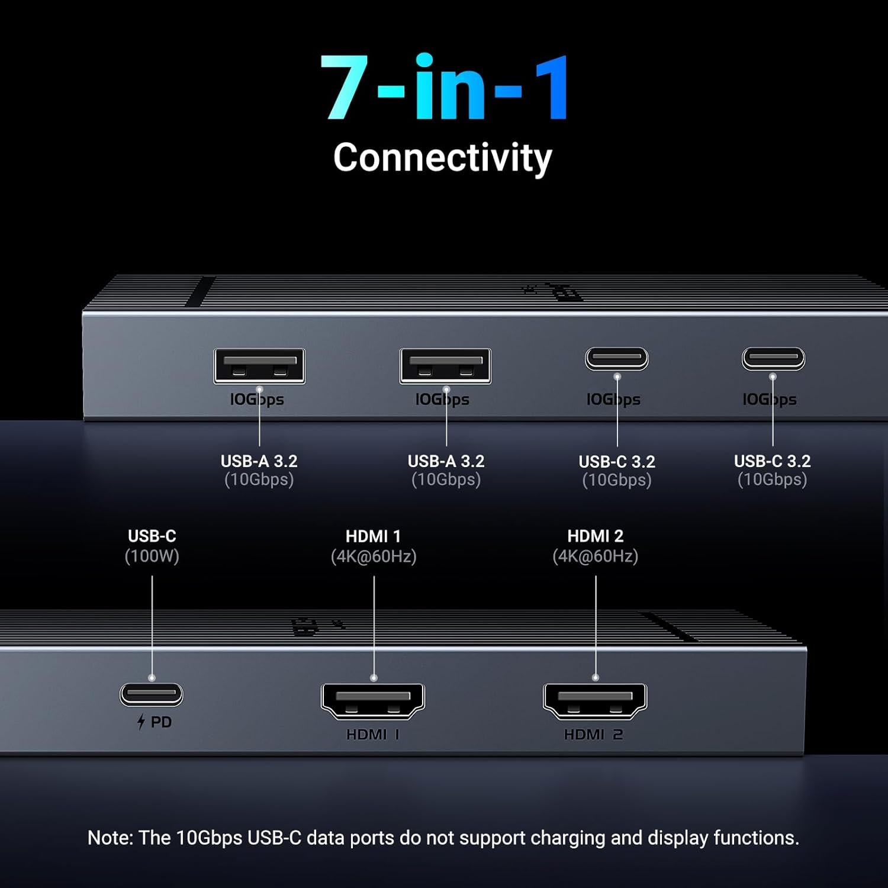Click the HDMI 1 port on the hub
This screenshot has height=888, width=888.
point(373,701)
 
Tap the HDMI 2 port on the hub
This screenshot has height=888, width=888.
point(595,701)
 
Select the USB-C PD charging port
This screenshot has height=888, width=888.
point(152,694)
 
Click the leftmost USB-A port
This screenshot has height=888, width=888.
point(259,366)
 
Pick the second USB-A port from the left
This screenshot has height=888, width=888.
point(445,366)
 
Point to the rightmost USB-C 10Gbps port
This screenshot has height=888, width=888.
point(773,358)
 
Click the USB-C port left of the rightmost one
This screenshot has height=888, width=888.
point(617,358)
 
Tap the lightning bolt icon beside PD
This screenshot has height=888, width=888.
point(141,722)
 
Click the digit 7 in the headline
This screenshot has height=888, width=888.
point(345,88)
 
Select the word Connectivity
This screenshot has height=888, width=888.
point(443,158)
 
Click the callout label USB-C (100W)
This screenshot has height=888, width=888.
point(152,546)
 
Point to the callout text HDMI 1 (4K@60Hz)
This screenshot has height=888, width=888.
point(374,546)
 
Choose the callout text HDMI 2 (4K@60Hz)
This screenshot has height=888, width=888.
point(596,546)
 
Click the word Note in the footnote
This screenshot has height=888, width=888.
point(110,838)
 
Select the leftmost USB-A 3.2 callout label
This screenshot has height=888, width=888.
point(259,470)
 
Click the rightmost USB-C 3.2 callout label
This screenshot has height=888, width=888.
point(773,470)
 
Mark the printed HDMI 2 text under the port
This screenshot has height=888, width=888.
point(593,735)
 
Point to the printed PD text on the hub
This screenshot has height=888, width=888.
point(161,722)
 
